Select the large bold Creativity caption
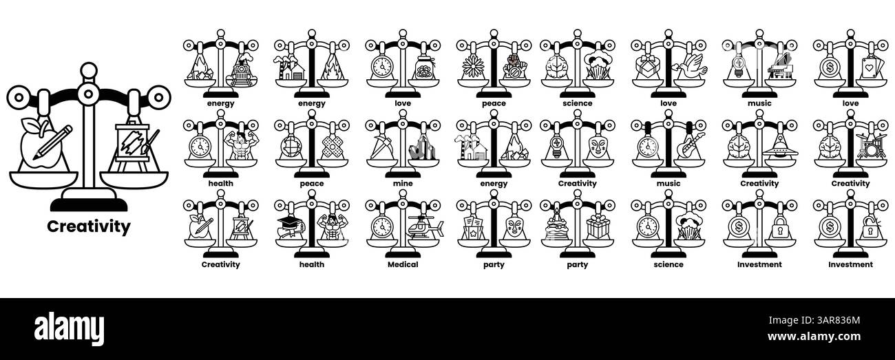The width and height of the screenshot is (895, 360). point(88,226)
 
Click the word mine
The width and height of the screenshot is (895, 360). point(402,184)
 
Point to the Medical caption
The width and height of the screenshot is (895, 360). point(402,264)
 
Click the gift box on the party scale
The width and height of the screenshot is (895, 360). point(598,228)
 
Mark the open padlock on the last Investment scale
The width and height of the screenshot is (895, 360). point(870,228)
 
